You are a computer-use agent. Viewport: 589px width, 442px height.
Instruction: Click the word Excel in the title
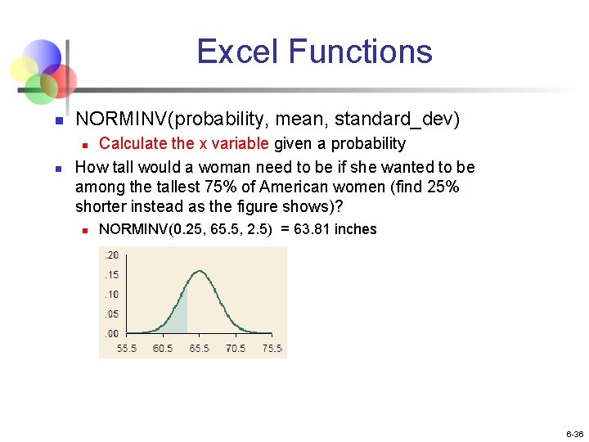pyautogui.click(x=237, y=52)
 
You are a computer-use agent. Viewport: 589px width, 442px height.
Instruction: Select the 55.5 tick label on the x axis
pyautogui.click(x=127, y=348)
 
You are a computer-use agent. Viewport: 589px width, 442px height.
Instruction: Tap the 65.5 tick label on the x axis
pyautogui.click(x=200, y=348)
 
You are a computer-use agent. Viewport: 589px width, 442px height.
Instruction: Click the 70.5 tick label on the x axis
pyautogui.click(x=236, y=348)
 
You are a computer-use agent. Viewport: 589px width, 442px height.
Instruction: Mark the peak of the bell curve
pyautogui.click(x=200, y=260)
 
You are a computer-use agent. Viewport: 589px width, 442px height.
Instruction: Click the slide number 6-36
pyautogui.click(x=573, y=434)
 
